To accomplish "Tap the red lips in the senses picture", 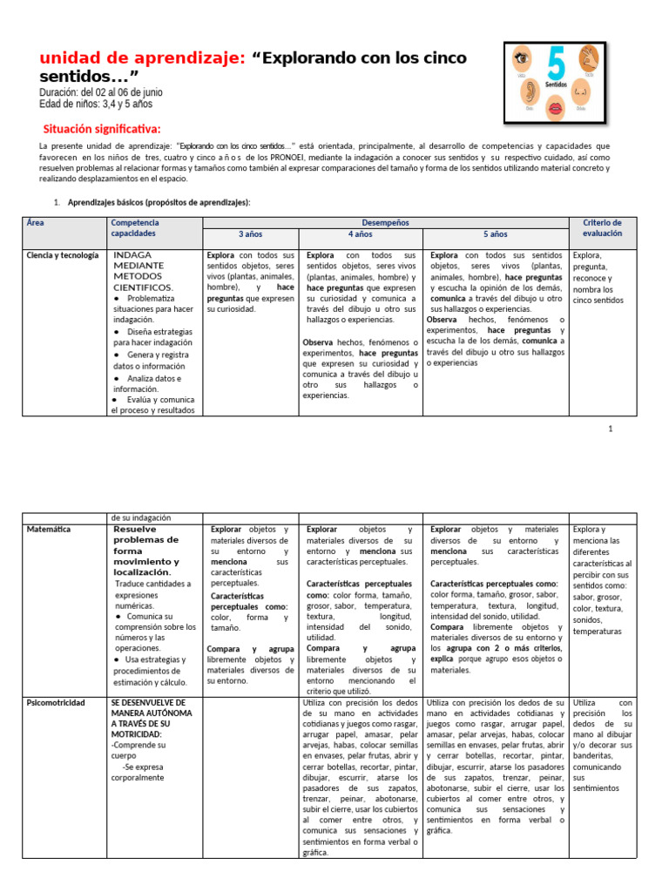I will (x=554, y=108).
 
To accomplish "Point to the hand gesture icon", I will (x=589, y=60).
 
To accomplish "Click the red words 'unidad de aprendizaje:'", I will (x=143, y=57).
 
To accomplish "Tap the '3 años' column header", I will (x=251, y=234).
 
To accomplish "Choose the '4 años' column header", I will (x=361, y=234).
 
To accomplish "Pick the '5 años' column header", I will (x=495, y=234).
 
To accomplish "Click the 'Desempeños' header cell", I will (x=384, y=223).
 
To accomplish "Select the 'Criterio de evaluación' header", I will (x=602, y=228).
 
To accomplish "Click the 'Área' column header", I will (x=36, y=223).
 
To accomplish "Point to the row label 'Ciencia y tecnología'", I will (x=62, y=255).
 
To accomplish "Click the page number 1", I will (x=611, y=429).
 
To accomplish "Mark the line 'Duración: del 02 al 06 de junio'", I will (x=100, y=92).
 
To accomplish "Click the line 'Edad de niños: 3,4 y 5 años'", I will (x=95, y=105).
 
